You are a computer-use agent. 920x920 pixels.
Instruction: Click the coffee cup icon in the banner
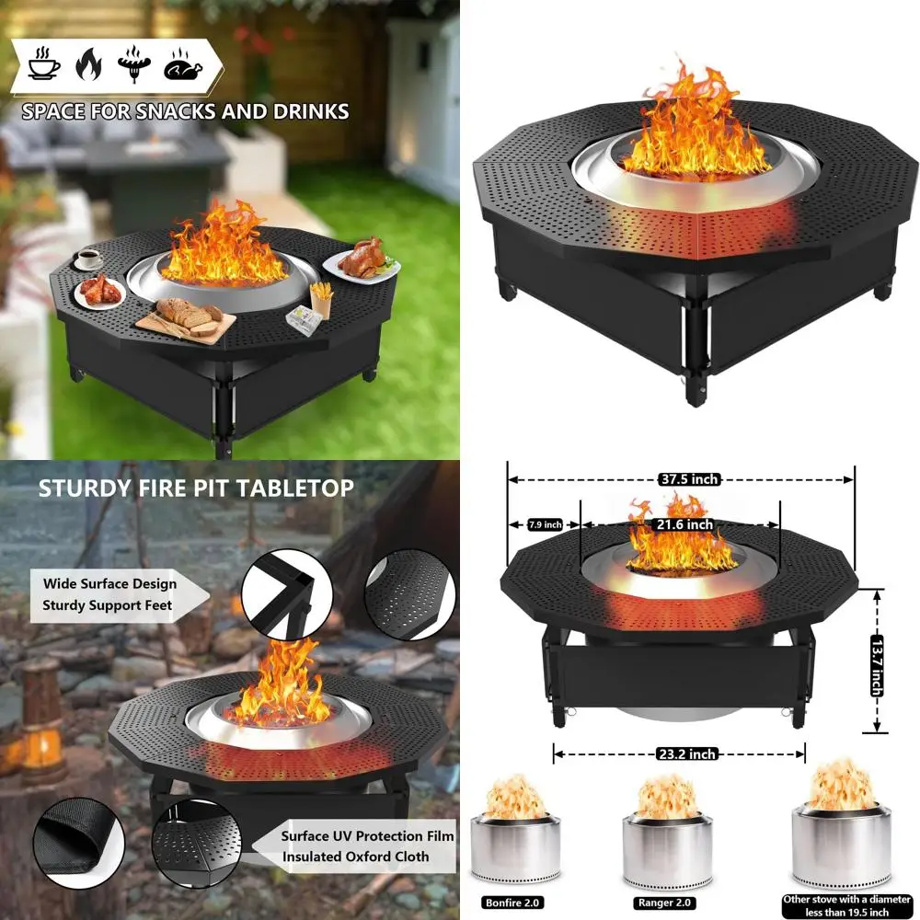click(44, 63)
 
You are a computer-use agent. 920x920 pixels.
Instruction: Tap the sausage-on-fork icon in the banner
click(134, 63)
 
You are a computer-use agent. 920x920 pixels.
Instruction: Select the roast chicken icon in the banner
click(182, 64)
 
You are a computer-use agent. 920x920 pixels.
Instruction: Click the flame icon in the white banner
click(88, 63)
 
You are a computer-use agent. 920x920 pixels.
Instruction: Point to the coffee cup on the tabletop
click(88, 259)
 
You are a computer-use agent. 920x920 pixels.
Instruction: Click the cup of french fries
click(321, 299)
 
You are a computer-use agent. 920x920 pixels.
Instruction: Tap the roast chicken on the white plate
click(363, 259)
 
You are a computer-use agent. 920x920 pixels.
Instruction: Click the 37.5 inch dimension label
click(689, 479)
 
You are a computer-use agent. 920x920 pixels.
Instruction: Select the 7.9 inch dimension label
click(545, 524)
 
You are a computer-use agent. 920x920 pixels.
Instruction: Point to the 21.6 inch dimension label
click(684, 524)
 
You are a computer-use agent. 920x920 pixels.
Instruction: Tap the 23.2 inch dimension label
click(687, 754)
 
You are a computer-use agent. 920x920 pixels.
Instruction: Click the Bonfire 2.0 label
click(512, 903)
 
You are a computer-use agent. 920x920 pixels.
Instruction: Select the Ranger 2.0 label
click(664, 903)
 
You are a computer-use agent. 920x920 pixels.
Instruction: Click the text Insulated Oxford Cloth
click(355, 857)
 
